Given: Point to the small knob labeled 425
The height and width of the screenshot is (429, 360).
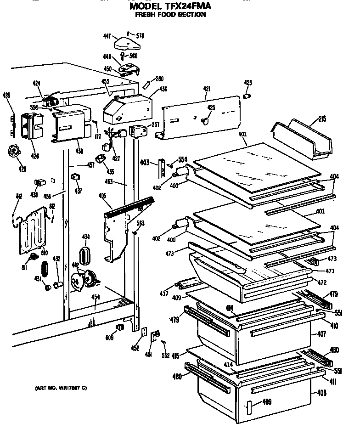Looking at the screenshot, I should coord(205,120).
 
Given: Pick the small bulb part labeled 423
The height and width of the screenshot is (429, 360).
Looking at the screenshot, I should coord(247,96).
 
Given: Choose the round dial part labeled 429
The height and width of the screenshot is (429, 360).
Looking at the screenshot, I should coord(16,151).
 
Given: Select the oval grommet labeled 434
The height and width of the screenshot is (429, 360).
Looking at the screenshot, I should coord(85,254).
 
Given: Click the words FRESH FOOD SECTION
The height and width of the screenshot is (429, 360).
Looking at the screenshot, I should coord(170,15).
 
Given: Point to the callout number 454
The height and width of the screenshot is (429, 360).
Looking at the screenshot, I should coord(95,297).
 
